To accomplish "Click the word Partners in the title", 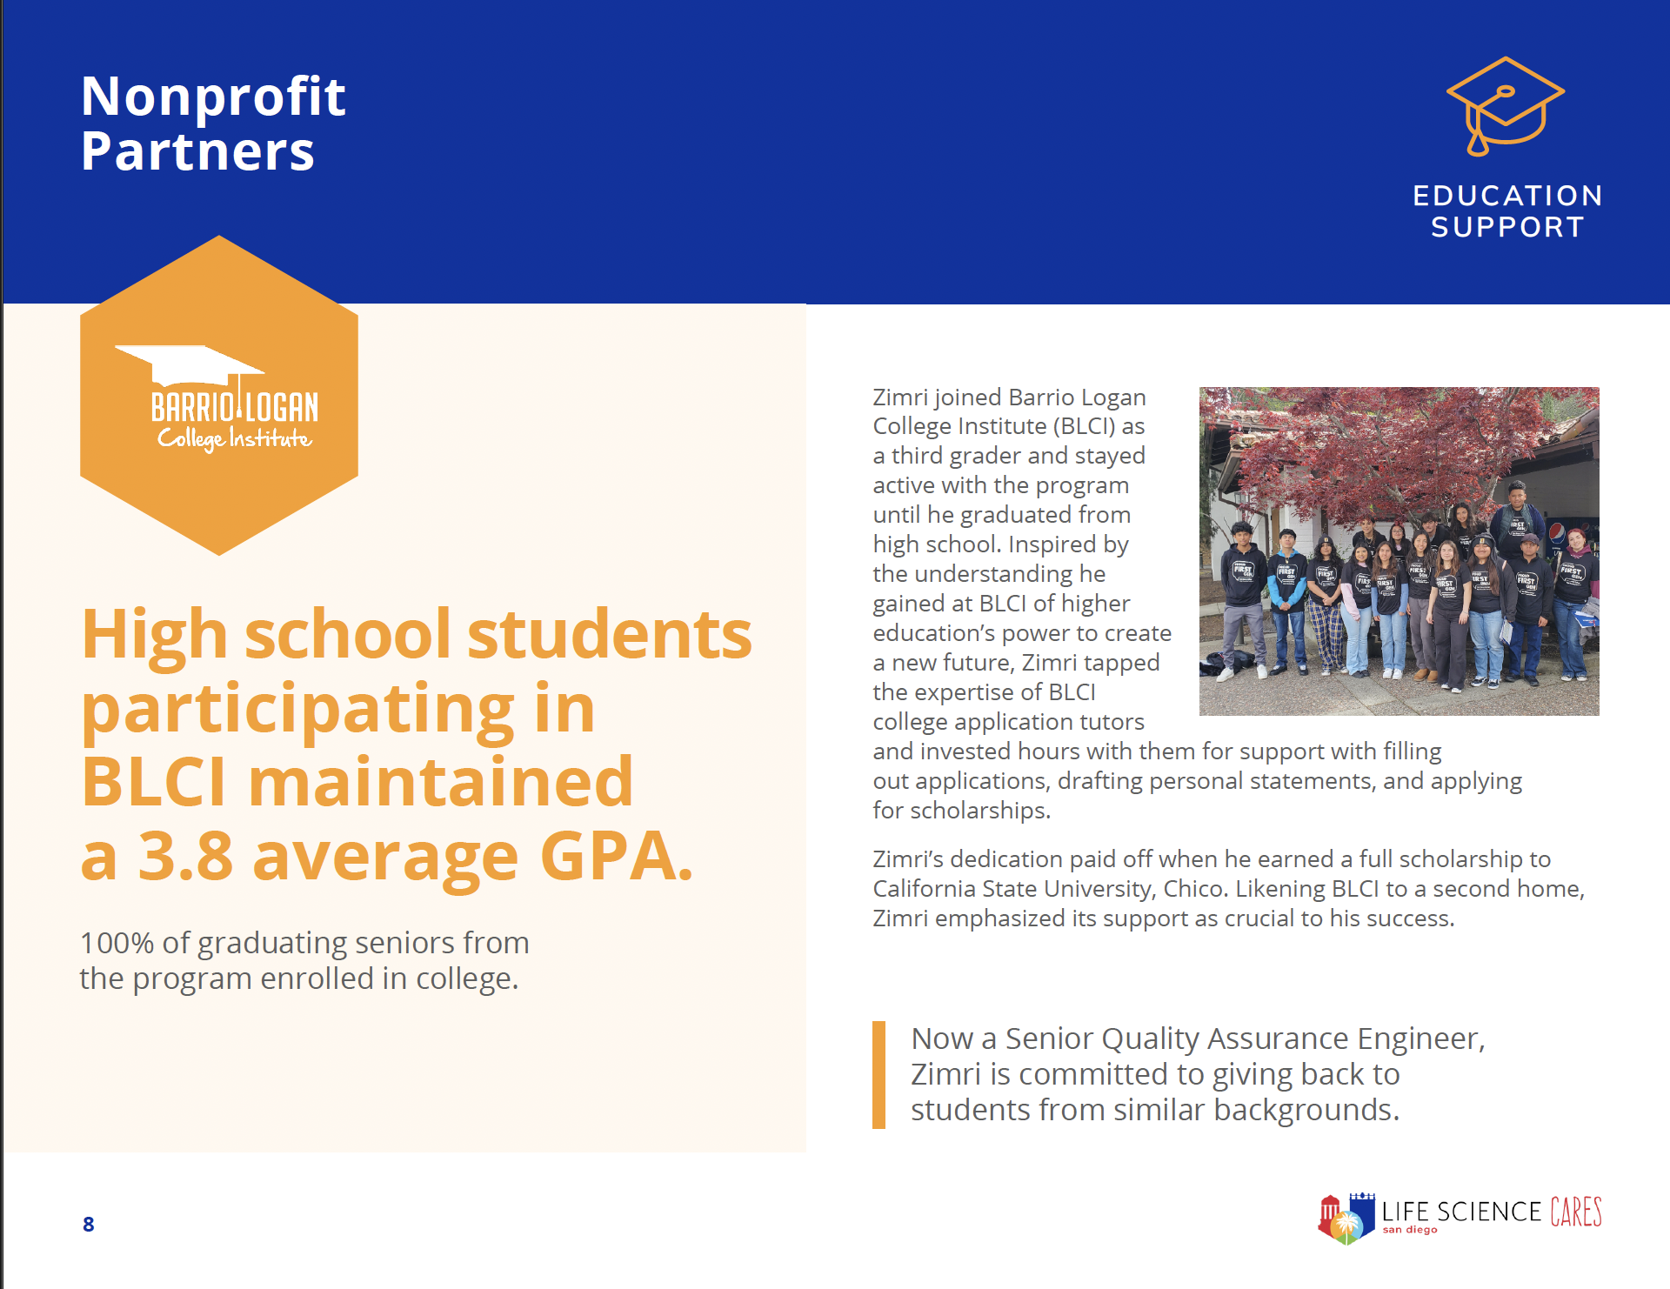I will [x=197, y=151].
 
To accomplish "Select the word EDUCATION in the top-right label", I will [x=1507, y=196].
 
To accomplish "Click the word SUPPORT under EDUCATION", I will [x=1507, y=227].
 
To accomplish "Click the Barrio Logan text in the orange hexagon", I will [x=234, y=407].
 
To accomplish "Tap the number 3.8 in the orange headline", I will [x=185, y=857].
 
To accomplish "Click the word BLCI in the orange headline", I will [x=154, y=782].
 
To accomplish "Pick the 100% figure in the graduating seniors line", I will [x=117, y=943].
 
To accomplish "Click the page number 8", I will [x=89, y=1225].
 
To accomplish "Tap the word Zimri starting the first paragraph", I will [x=900, y=397].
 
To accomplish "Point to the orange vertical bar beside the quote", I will [x=878, y=1075].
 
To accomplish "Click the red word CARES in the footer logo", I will [x=1575, y=1212].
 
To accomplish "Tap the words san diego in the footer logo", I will [x=1409, y=1230].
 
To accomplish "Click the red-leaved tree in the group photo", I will [x=1409, y=444].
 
